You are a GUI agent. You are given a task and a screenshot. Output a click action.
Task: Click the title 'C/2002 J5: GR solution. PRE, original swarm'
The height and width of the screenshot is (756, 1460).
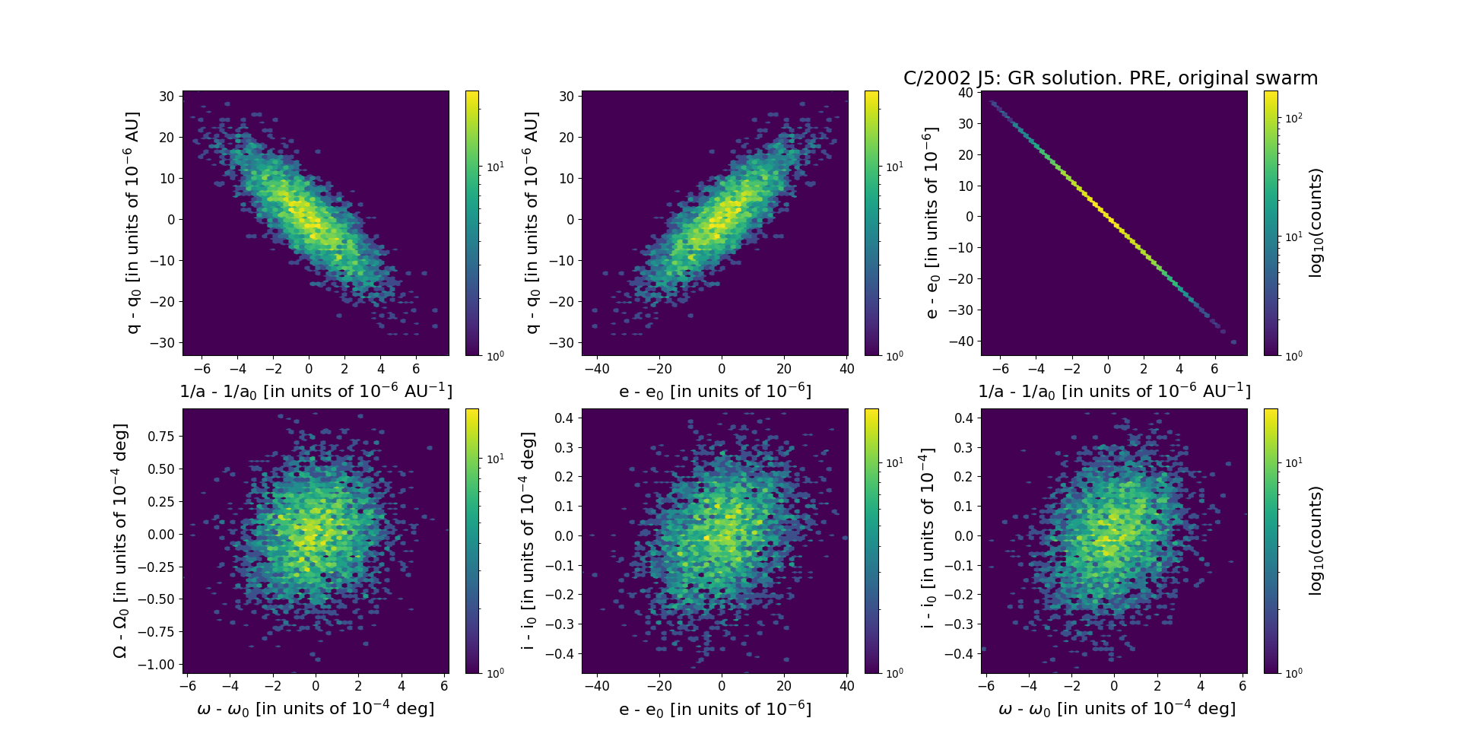point(1110,78)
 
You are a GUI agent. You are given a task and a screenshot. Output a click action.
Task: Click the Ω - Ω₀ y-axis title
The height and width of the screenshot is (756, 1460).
point(120,541)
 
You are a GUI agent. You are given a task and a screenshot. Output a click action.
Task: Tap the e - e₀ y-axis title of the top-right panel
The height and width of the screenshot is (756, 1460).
point(931,223)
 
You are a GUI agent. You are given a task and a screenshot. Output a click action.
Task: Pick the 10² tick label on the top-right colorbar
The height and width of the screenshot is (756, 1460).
point(1293,117)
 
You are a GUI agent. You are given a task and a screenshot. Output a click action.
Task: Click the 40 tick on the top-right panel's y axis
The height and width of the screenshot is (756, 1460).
point(966,93)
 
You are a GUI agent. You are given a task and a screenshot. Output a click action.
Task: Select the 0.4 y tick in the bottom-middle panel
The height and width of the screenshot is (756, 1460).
point(563,418)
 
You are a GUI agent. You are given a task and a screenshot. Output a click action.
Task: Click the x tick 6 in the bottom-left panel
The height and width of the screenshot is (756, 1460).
point(444,686)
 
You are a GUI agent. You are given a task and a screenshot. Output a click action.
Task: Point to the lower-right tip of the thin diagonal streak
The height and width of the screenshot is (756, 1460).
point(1233,342)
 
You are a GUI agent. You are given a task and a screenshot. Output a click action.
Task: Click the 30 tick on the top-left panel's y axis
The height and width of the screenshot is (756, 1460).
point(167,97)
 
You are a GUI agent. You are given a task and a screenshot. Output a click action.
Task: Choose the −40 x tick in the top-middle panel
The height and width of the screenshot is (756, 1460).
point(597,369)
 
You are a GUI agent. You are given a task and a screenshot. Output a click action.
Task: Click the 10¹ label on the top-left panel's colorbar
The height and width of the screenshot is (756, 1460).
point(495,167)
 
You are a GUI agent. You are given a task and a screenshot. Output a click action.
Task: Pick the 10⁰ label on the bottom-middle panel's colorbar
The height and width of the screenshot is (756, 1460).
point(894,672)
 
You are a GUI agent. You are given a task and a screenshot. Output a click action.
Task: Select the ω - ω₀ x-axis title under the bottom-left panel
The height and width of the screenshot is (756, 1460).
point(316,709)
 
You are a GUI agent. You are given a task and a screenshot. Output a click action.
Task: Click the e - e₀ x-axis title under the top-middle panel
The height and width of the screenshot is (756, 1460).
point(715,392)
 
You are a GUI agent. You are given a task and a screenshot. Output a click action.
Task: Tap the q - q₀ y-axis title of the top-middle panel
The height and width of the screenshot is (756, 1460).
point(532,223)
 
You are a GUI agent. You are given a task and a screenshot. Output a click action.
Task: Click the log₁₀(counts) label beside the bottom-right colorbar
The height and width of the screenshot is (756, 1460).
point(1316,541)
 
